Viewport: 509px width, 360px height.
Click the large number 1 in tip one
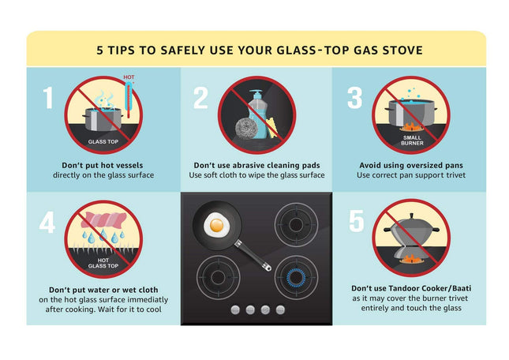49,98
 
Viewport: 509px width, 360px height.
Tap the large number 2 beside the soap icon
200,98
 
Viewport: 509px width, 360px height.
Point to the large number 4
48,222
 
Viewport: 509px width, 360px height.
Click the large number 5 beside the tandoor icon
357,222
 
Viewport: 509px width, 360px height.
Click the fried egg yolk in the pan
214,226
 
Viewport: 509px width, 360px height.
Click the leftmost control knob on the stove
235,310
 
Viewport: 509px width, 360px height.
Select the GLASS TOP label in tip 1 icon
103,142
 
